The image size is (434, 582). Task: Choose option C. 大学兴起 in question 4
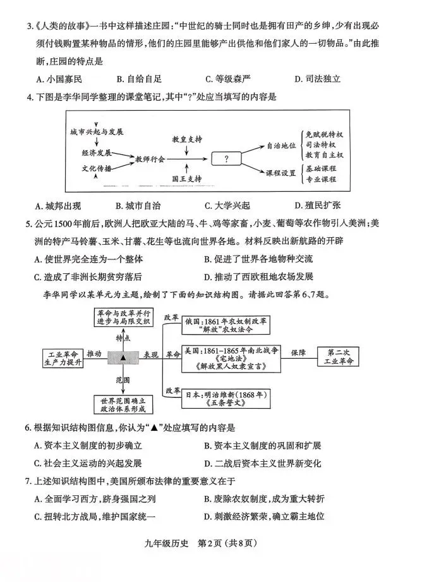(227, 206)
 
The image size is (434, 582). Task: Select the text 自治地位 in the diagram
(281, 145)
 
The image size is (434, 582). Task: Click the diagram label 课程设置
(281, 173)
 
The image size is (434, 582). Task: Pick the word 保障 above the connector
(298, 350)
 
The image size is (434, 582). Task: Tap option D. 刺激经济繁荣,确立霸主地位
(264, 516)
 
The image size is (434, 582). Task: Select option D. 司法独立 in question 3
(317, 79)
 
